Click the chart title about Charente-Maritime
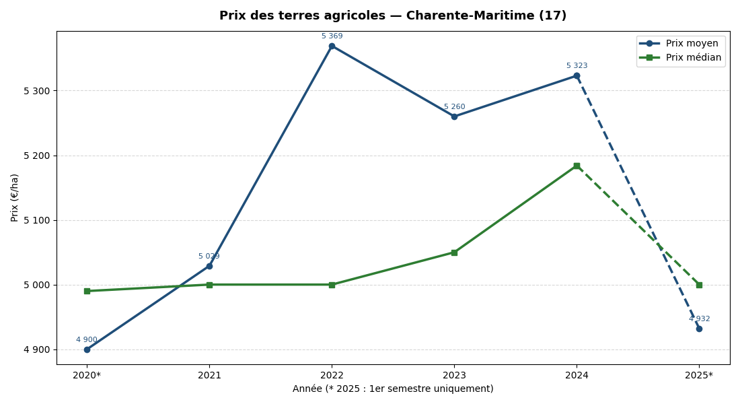pyautogui.click(x=393, y=15)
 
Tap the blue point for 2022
pyautogui.click(x=332, y=46)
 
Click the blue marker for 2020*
pyautogui.click(x=87, y=349)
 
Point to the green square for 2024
pyautogui.click(x=577, y=166)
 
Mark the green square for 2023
pyautogui.click(x=454, y=252)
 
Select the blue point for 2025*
pyautogui.click(x=699, y=329)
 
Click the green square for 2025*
pyautogui.click(x=699, y=285)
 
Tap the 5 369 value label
pyautogui.click(x=332, y=36)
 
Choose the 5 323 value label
pyautogui.click(x=577, y=66)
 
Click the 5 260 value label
pyautogui.click(x=454, y=107)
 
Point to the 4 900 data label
pyautogui.click(x=87, y=340)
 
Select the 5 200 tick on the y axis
pyautogui.click(x=36, y=156)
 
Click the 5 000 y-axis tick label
pyautogui.click(x=36, y=285)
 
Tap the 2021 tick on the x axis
pyautogui.click(x=209, y=376)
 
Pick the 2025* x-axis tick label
pyautogui.click(x=699, y=376)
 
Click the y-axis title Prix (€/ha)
pyautogui.click(x=15, y=197)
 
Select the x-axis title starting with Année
pyautogui.click(x=393, y=389)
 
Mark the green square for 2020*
pyautogui.click(x=87, y=291)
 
